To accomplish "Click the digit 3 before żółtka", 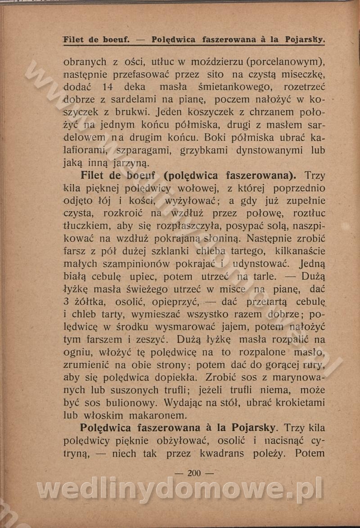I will [66, 302].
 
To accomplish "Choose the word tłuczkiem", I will [87, 226].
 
